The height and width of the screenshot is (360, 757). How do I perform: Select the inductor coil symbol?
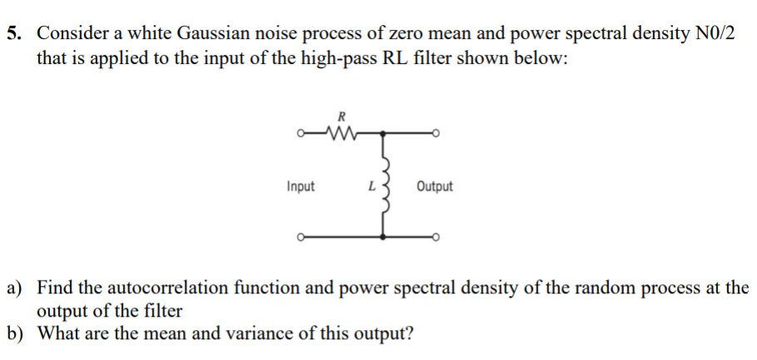[383, 186]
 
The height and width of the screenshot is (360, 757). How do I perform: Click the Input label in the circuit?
[300, 186]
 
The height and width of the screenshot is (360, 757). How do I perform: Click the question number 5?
[15, 34]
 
